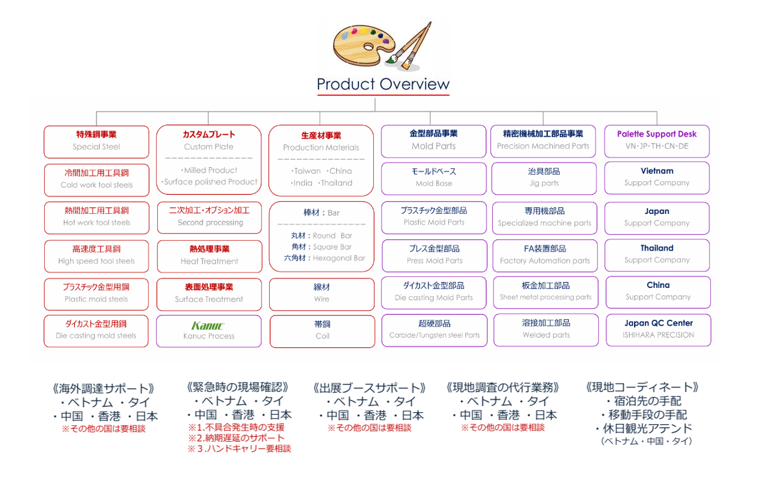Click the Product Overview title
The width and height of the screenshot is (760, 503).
coord(383,84)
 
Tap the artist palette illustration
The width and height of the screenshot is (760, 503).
coord(382,47)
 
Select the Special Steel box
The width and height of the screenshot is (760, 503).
coord(97,142)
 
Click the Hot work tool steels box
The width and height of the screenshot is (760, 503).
coord(97,218)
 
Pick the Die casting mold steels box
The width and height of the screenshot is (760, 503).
coord(96,331)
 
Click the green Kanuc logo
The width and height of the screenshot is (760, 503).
coord(208,326)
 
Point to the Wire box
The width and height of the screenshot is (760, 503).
coord(322,294)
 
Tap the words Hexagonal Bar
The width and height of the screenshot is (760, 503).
coord(339,258)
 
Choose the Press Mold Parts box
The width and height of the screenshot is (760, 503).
coord(434,255)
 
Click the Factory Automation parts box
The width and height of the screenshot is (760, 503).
coord(545,255)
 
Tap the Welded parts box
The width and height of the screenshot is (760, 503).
coord(547,330)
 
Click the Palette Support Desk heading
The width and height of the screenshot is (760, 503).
coord(656,134)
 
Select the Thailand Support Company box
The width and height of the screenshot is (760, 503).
coord(657,255)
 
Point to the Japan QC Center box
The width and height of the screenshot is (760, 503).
coord(658,330)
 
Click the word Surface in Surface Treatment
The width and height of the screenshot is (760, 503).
coord(189,299)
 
